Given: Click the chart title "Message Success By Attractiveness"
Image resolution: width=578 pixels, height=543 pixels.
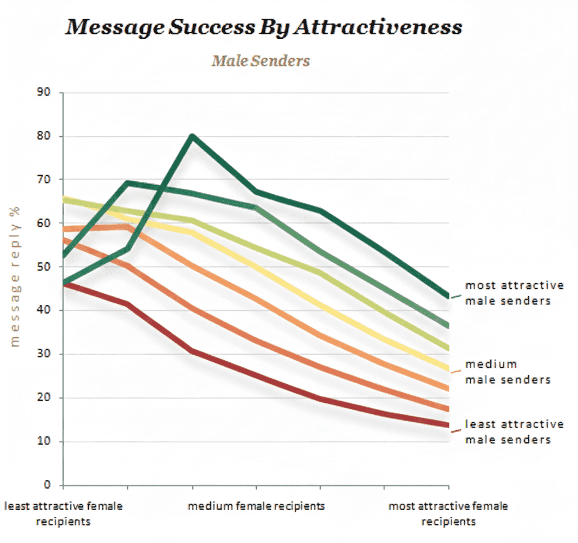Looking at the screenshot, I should tap(263, 27).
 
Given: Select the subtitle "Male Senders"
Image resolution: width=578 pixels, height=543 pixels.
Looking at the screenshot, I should tap(261, 60).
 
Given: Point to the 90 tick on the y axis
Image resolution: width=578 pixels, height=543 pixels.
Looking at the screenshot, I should tap(45, 93).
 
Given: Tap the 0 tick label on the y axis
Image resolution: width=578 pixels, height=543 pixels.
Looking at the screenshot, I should tap(48, 485).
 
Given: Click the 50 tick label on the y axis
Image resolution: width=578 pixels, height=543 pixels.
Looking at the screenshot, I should tap(45, 267).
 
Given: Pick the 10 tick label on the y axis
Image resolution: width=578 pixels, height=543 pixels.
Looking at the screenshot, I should tap(45, 442).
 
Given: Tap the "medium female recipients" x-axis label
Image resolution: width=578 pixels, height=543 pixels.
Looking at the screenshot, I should tap(256, 506).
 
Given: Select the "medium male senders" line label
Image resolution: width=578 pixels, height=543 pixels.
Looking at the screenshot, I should tap(507, 372).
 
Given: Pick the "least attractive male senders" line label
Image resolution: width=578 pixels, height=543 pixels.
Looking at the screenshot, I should tap(514, 432).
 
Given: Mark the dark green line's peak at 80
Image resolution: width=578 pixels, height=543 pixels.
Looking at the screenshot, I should tap(192, 136).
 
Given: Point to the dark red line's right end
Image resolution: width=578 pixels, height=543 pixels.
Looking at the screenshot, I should tap(448, 425).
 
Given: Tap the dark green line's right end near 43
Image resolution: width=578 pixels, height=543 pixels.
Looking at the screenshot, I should tap(448, 297).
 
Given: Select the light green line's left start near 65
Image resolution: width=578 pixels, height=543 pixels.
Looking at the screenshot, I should tap(64, 200).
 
